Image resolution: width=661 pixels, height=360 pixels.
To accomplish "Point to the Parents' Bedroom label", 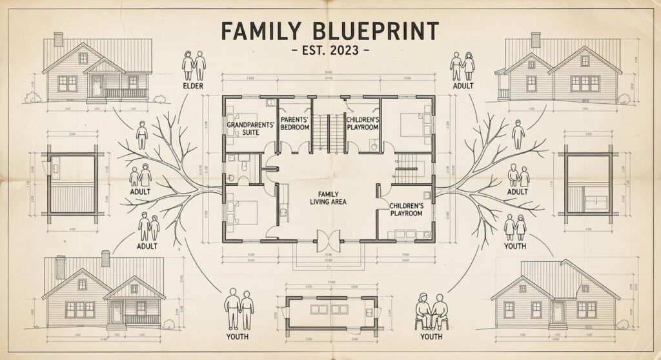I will (294, 123).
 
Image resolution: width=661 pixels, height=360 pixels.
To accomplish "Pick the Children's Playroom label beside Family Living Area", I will (407, 210).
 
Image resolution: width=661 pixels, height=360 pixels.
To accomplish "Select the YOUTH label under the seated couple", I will (431, 337).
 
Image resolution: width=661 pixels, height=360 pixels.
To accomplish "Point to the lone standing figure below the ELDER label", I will (142, 134).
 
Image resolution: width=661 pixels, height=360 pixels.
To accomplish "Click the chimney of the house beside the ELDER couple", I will (58, 39).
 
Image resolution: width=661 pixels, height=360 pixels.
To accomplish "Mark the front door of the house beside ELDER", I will (97, 86).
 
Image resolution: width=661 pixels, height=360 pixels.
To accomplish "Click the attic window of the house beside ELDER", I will (83, 59).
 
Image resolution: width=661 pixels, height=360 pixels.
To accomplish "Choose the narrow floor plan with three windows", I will (328, 313).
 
